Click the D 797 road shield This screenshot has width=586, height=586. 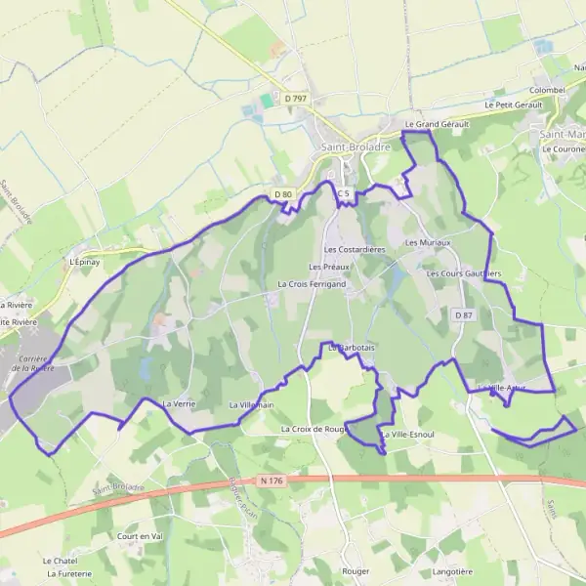pos(296,99)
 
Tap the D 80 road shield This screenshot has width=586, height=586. pos(283,194)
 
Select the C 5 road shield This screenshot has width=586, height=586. pos(343,194)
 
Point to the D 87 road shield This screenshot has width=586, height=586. pos(463,314)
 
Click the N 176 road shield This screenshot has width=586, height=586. pos(272,480)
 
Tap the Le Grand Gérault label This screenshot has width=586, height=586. pos(437,125)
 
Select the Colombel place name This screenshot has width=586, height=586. pos(547,90)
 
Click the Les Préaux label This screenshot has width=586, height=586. pos(329,267)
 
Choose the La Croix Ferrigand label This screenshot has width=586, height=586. pos(312,284)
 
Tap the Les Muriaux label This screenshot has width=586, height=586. pos(428,242)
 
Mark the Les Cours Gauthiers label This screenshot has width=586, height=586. pos(464,274)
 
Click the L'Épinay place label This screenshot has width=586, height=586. pos(85,262)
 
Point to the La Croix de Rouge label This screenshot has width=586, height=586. pos(314,429)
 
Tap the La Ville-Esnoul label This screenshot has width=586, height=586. pos(407,434)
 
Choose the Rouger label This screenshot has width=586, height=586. pos(355,570)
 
